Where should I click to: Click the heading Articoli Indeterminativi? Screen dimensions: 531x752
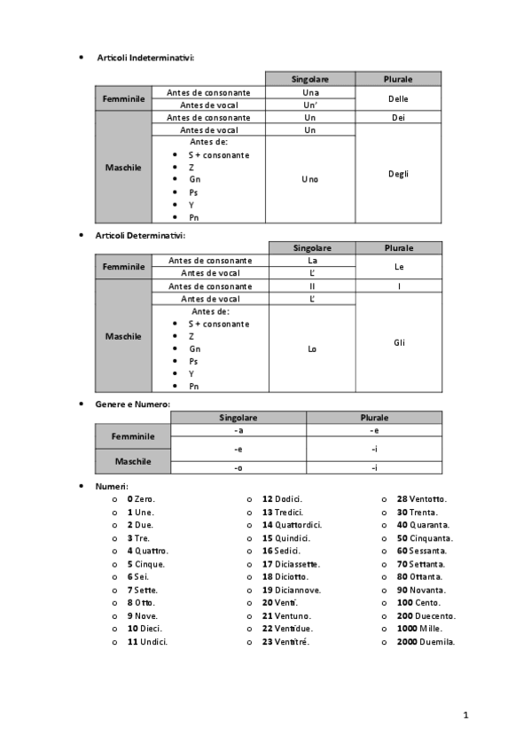(x=145, y=58)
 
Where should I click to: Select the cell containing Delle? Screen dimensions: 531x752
(x=398, y=98)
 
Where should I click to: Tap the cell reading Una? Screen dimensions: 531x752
(x=309, y=92)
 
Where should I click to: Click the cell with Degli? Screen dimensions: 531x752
(x=398, y=174)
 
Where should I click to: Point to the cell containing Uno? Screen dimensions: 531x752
(x=309, y=179)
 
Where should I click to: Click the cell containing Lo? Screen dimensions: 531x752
(x=311, y=349)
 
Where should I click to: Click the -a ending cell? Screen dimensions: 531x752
(x=238, y=430)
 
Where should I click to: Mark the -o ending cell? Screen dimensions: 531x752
(x=238, y=467)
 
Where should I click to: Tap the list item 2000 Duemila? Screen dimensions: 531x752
(x=426, y=641)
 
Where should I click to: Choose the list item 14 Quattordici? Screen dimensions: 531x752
(x=292, y=525)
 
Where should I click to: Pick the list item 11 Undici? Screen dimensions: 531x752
(x=147, y=641)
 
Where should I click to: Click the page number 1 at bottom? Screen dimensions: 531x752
(x=465, y=714)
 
